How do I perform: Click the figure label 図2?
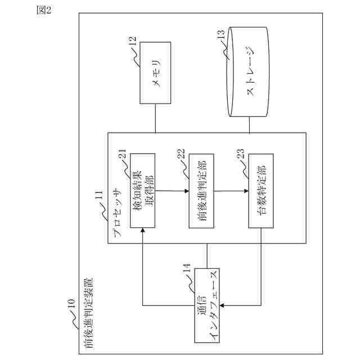click(x=44, y=12)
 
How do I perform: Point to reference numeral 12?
click(x=132, y=42)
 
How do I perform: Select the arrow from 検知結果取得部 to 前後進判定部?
click(x=172, y=191)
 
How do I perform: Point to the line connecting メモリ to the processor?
click(x=156, y=118)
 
